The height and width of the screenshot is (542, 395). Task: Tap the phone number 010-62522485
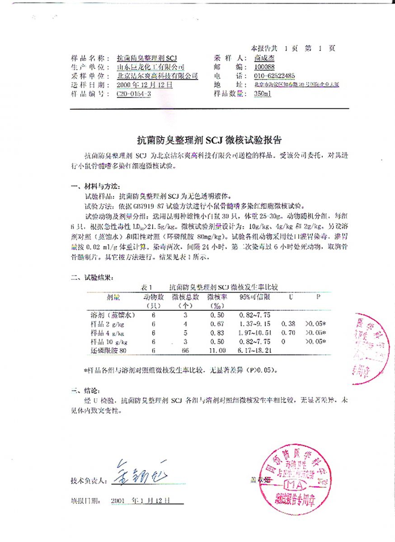pos(274,76)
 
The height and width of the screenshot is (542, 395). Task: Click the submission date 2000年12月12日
pos(145,84)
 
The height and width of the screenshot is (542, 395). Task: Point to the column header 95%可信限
pos(255,297)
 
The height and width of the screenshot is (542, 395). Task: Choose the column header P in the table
pos(318,297)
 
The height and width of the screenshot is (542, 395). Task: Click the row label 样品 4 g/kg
pos(108,332)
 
